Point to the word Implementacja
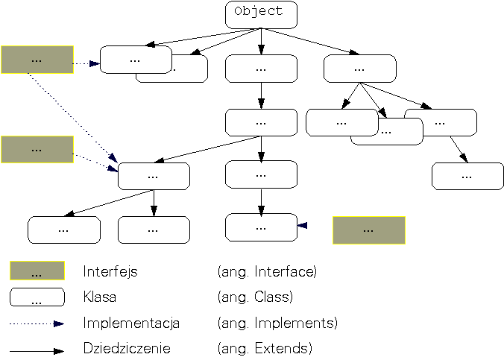(x=131, y=323)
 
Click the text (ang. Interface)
(x=267, y=272)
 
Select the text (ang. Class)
(x=254, y=297)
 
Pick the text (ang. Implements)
(x=277, y=323)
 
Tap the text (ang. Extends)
(x=264, y=349)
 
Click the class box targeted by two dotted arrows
(x=154, y=176)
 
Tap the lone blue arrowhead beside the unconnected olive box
(x=302, y=225)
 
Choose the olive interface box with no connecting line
(x=368, y=230)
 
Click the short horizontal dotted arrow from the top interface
(x=86, y=64)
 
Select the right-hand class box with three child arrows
(x=359, y=69)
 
